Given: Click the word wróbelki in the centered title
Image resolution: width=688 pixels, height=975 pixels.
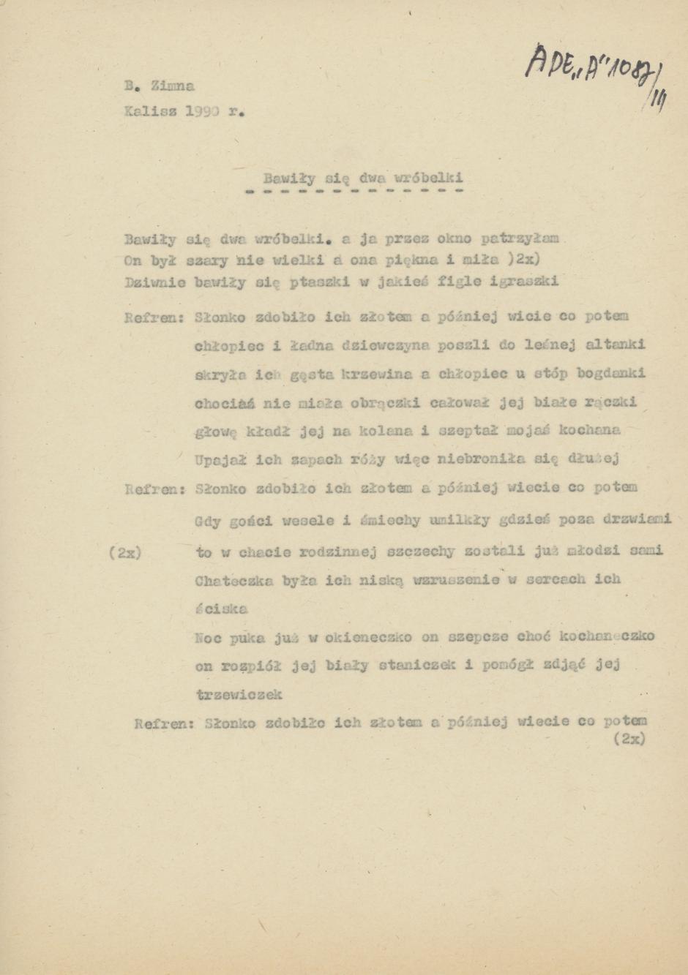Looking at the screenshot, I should [428, 178].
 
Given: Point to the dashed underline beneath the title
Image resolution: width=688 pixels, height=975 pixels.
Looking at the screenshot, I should [355, 192].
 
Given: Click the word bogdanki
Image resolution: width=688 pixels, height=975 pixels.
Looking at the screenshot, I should [610, 374].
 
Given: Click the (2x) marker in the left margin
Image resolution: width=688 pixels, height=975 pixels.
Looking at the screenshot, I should [124, 553].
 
